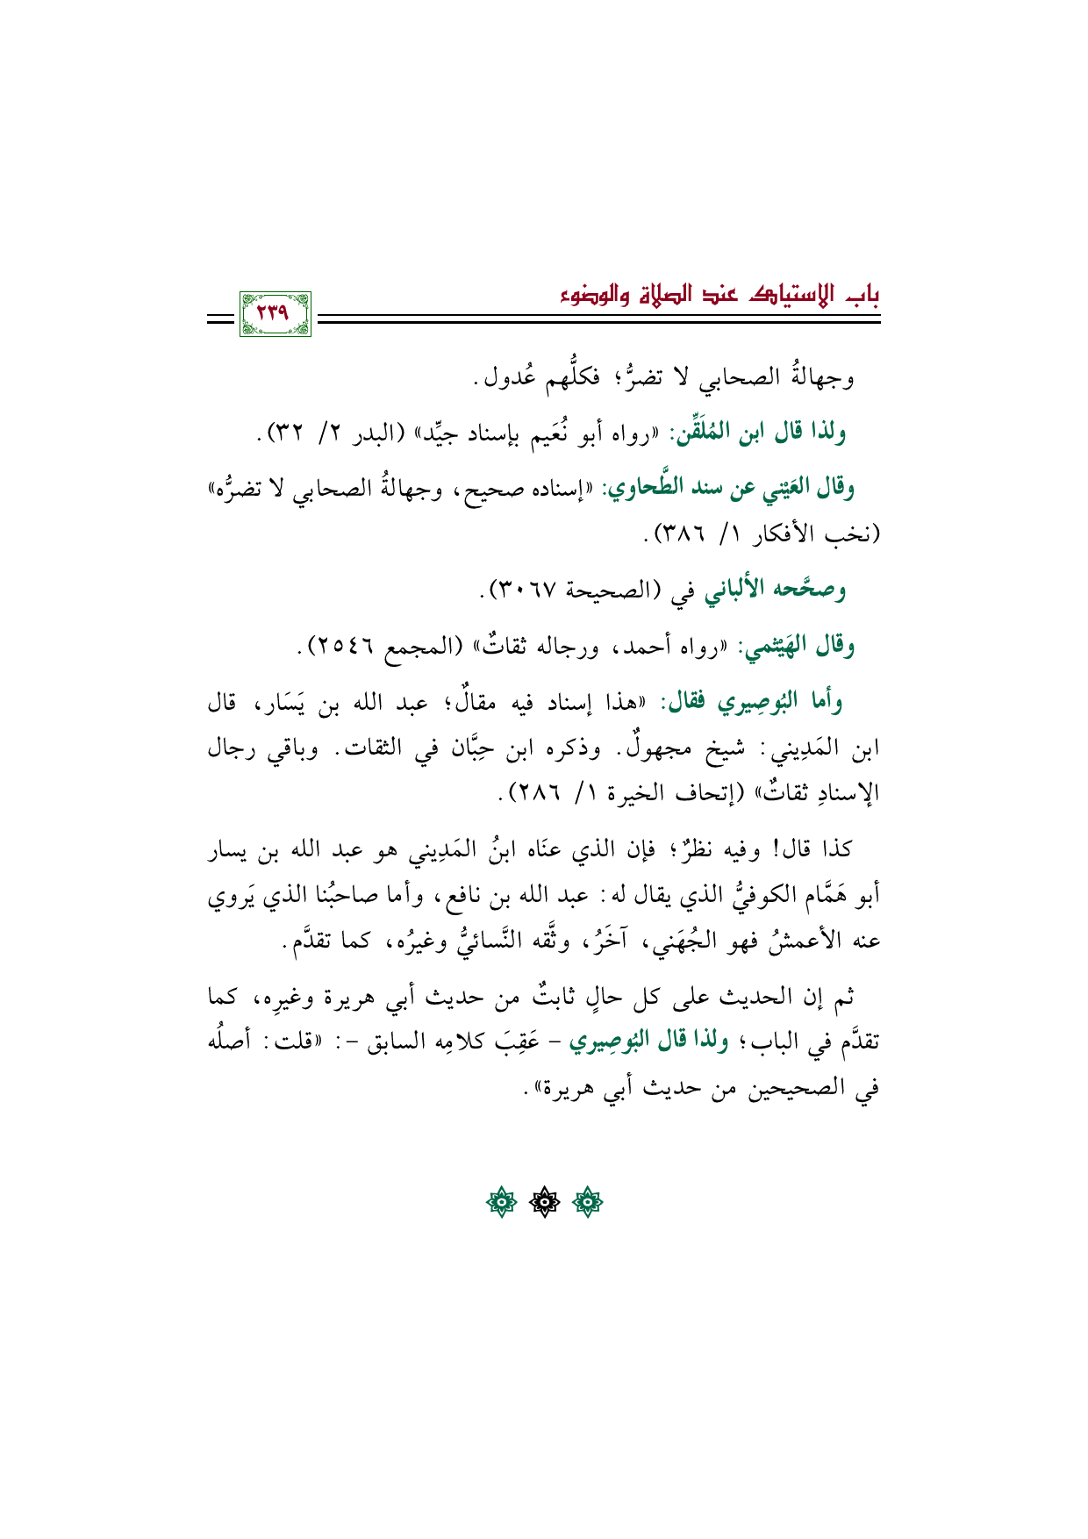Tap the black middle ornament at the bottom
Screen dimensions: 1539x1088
[544, 1202]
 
